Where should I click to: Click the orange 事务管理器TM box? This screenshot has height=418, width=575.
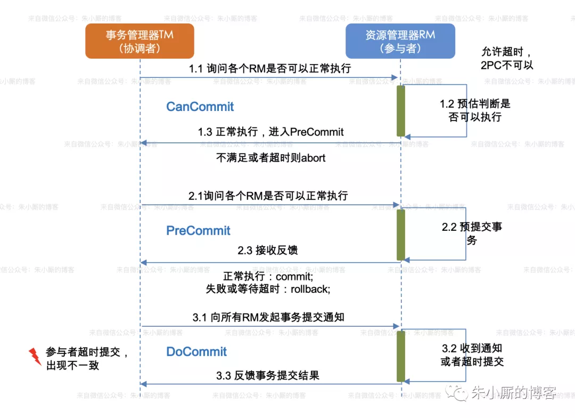[139, 41]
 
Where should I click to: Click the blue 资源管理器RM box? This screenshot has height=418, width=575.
[400, 41]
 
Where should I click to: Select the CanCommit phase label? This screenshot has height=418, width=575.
[200, 107]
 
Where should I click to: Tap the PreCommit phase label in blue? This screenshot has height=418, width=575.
[198, 231]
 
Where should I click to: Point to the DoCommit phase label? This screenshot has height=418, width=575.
[196, 352]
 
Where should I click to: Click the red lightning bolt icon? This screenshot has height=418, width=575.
[35, 356]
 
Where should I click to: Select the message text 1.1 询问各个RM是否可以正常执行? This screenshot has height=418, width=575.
[270, 69]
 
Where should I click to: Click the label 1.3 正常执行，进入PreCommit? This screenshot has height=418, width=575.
[270, 132]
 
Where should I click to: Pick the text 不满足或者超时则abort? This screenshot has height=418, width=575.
[270, 158]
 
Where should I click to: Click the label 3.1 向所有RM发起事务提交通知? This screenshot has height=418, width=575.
[268, 317]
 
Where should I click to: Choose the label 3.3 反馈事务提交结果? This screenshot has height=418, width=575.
[268, 375]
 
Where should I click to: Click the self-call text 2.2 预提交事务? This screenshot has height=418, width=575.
[472, 234]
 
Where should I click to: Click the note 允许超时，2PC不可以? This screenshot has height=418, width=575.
[506, 59]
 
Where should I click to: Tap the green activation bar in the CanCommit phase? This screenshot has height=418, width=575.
[401, 110]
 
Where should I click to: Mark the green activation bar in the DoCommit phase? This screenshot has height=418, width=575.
[401, 356]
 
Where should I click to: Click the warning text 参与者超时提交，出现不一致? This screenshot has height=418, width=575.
[86, 359]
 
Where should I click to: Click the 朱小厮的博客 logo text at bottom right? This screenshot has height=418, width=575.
[514, 393]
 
